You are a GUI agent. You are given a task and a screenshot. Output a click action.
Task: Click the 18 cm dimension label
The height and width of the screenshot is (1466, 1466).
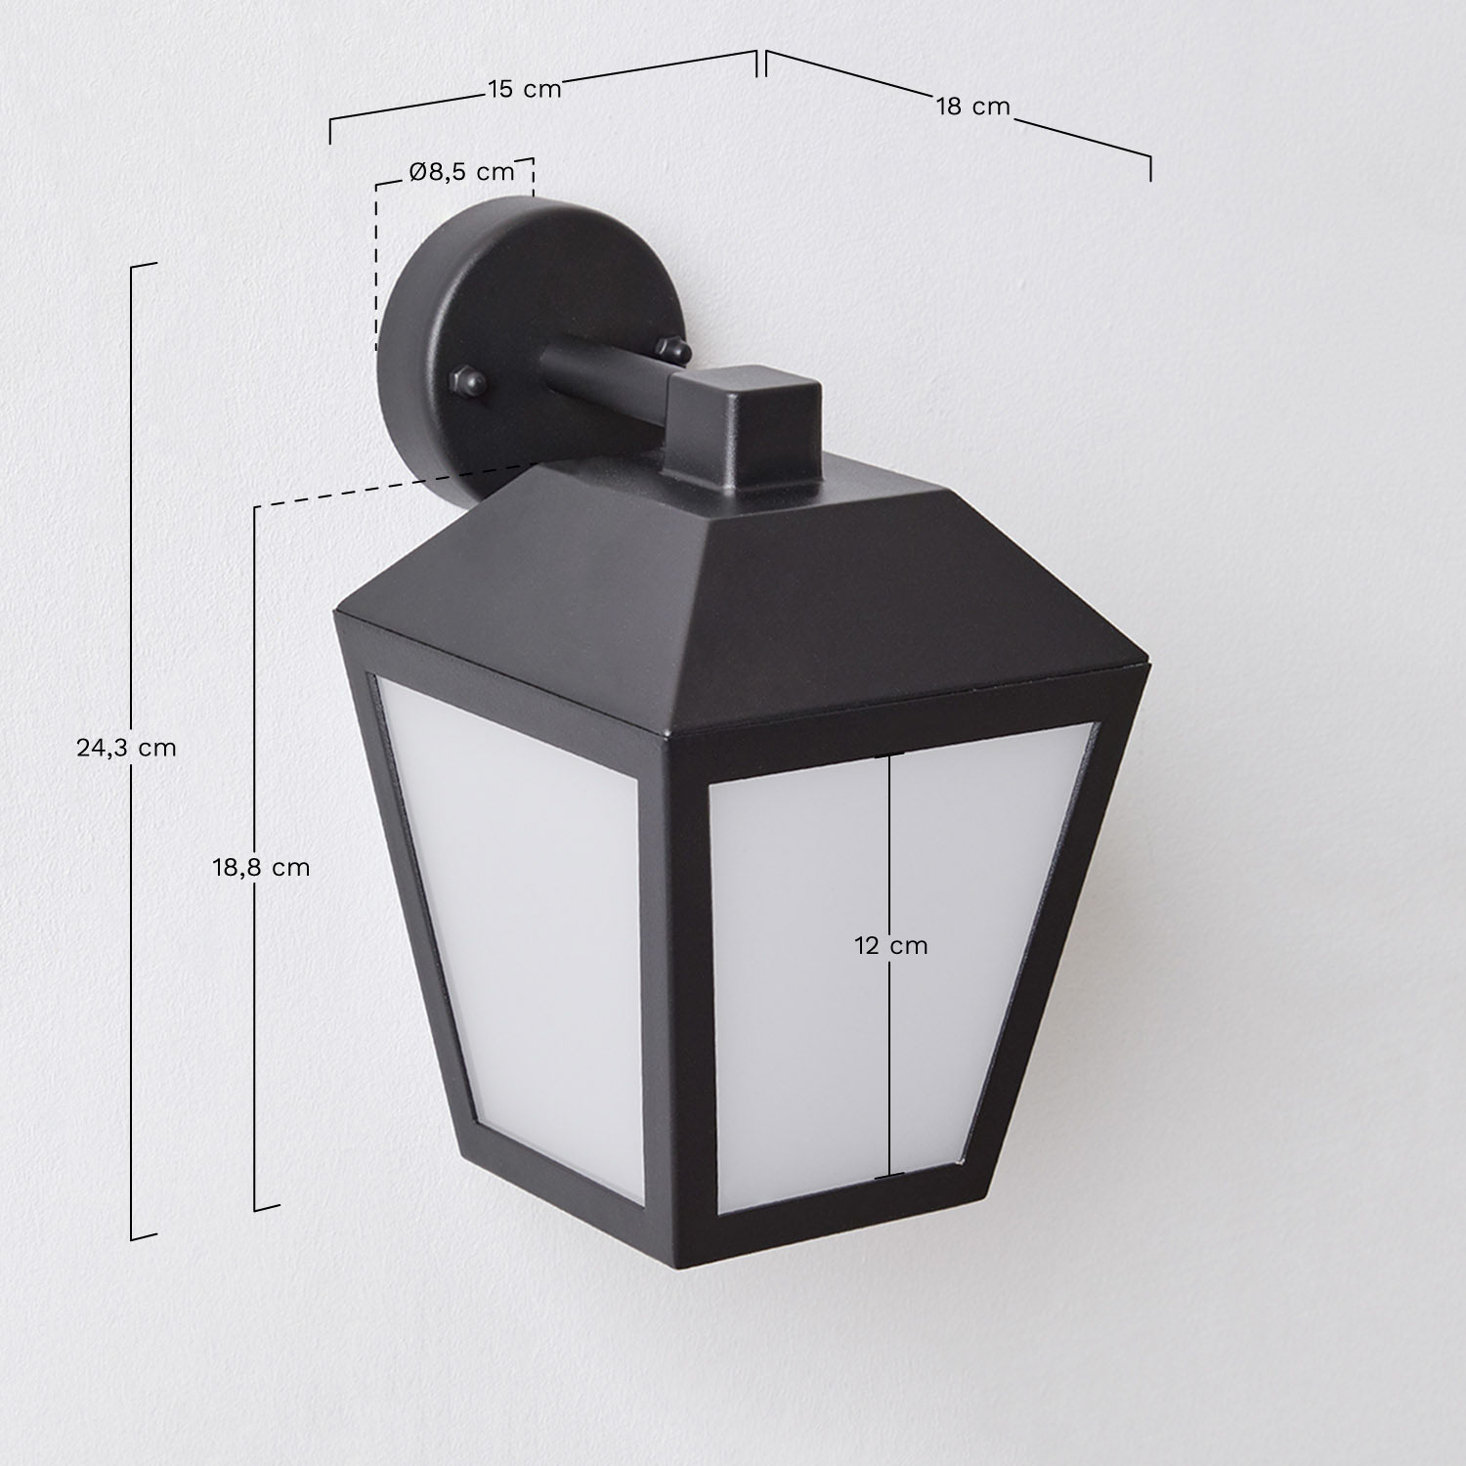pyautogui.click(x=972, y=107)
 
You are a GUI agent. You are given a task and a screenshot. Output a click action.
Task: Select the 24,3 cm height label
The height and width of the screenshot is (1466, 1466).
pyautogui.click(x=126, y=748)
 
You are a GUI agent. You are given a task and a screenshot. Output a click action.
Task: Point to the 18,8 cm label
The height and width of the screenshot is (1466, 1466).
pyautogui.click(x=261, y=866)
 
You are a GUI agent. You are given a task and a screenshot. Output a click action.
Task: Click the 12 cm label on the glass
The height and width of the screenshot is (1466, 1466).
pyautogui.click(x=890, y=945)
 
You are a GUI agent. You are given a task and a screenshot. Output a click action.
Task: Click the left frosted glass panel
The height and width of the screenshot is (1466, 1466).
pyautogui.click(x=519, y=908)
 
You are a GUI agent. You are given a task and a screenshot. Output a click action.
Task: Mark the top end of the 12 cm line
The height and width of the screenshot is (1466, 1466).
pyautogui.click(x=889, y=756)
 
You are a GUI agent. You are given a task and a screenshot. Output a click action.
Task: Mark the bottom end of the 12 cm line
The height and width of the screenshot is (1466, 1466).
pyautogui.click(x=889, y=1177)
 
